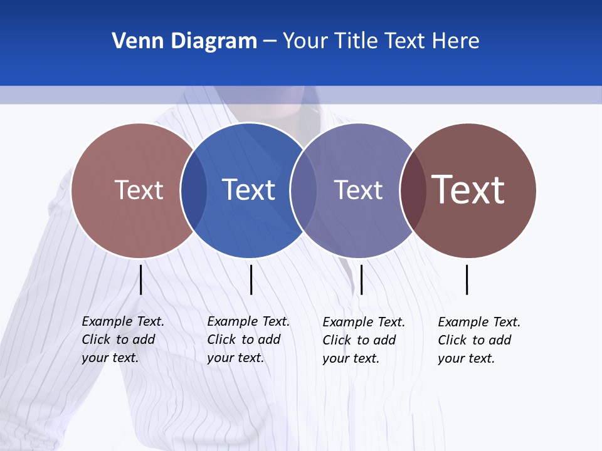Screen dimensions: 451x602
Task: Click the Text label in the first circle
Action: point(139,190)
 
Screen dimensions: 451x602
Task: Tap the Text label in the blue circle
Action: point(248,190)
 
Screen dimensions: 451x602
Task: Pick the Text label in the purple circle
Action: point(358,190)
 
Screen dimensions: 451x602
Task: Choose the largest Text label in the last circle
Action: point(468,189)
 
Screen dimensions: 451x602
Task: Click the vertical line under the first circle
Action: point(141,279)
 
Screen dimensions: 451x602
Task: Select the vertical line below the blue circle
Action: point(251,279)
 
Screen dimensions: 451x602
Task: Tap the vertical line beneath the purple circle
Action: point(361,279)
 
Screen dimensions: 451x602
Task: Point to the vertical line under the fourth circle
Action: point(467,279)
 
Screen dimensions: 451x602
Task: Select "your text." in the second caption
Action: point(236,358)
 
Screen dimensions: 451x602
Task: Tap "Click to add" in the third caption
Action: point(359,340)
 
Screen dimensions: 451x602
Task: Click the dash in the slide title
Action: point(270,42)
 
